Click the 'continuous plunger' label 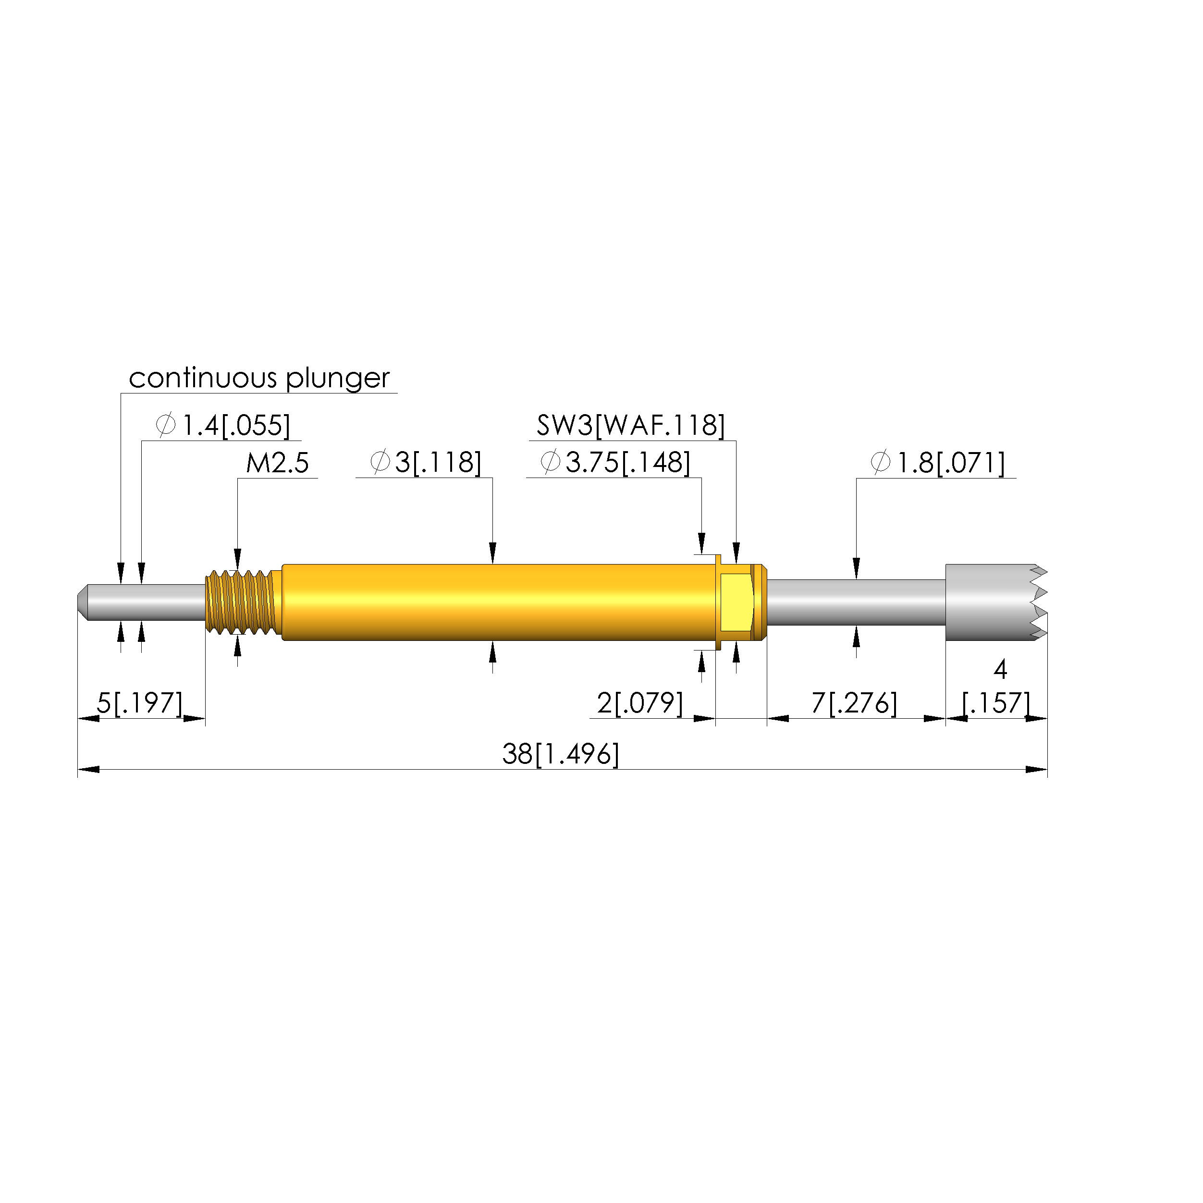click(259, 379)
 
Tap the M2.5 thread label click(278, 463)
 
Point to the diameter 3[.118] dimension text click(426, 463)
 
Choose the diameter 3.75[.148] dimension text click(615, 463)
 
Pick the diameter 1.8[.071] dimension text click(938, 463)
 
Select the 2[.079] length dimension click(640, 703)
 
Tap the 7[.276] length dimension click(854, 703)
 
